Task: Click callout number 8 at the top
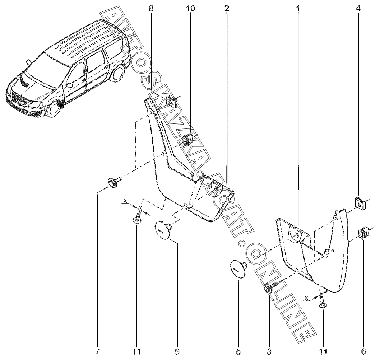click(x=151, y=9)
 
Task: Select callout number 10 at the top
click(x=190, y=9)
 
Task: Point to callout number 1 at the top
click(x=298, y=9)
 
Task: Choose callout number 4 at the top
click(x=358, y=9)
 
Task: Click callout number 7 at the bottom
click(x=97, y=351)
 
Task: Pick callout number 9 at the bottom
click(x=177, y=351)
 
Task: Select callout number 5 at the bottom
click(x=238, y=351)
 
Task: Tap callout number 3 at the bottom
click(x=269, y=351)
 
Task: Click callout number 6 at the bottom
click(x=363, y=351)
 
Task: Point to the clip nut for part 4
click(x=360, y=204)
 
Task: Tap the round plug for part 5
click(x=238, y=269)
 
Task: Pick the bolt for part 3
click(x=272, y=286)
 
